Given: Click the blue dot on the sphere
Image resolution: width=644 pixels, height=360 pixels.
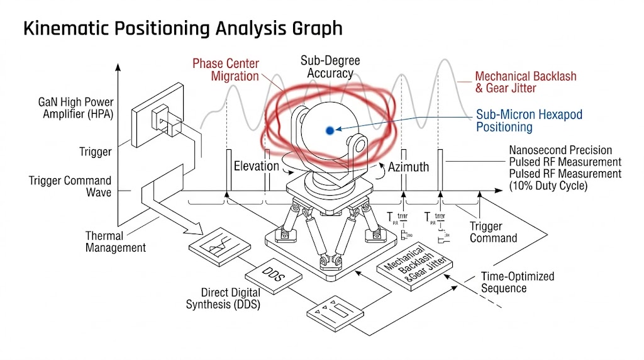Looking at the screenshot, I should pos(329,130).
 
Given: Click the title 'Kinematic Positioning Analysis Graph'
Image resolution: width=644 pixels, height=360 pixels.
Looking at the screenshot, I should pos(183,28).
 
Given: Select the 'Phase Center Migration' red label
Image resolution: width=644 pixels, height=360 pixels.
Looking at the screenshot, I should pos(225,70).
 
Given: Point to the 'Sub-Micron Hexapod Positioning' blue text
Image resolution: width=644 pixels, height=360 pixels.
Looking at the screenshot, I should pos(529,121).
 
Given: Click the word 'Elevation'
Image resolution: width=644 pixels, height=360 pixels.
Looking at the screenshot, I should pos(256,167).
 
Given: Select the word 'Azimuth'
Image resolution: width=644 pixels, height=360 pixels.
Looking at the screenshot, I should pos(408,167).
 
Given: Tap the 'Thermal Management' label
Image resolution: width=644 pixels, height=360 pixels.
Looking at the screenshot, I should pos(116,242).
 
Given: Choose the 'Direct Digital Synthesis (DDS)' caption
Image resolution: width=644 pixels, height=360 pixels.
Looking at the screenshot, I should pos(223,299).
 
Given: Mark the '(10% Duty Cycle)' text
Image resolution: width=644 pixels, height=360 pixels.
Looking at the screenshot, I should pos(549,186).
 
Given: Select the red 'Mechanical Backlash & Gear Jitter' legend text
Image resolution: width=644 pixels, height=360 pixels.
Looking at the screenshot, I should pos(525,82).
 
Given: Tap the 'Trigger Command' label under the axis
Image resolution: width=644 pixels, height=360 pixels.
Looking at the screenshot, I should pos(493,232).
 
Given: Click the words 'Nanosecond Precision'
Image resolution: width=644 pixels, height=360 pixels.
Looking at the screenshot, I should pos(560,150).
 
